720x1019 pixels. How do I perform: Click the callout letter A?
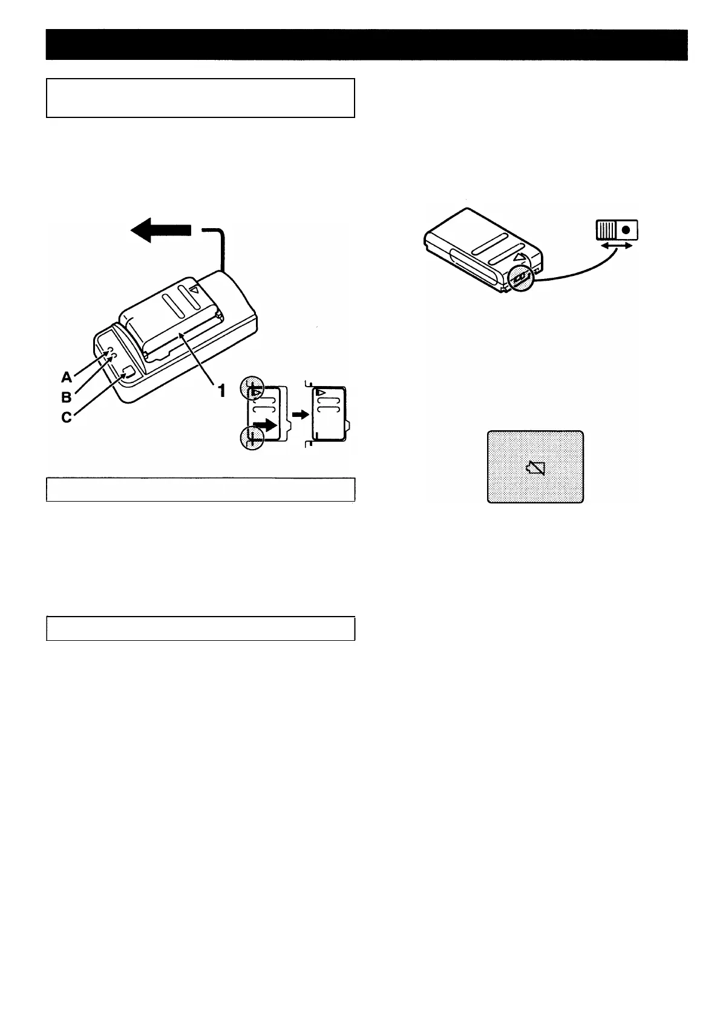tap(67, 377)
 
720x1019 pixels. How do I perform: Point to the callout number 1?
tap(221, 391)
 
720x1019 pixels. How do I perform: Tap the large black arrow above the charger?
tap(161, 231)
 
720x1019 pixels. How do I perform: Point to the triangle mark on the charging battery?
tap(194, 290)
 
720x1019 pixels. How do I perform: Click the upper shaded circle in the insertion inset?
tap(252, 388)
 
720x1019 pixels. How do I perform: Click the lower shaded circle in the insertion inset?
tap(252, 437)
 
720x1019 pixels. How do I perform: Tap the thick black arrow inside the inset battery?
tap(266, 425)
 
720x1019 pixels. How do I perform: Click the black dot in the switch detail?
tap(626, 230)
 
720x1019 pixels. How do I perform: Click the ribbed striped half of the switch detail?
tap(606, 230)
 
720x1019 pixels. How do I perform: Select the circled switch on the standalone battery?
tap(520, 277)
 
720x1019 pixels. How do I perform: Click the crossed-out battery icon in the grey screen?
tap(536, 467)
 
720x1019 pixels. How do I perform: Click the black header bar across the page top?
tap(367, 45)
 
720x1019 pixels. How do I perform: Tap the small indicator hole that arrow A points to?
tap(109, 350)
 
